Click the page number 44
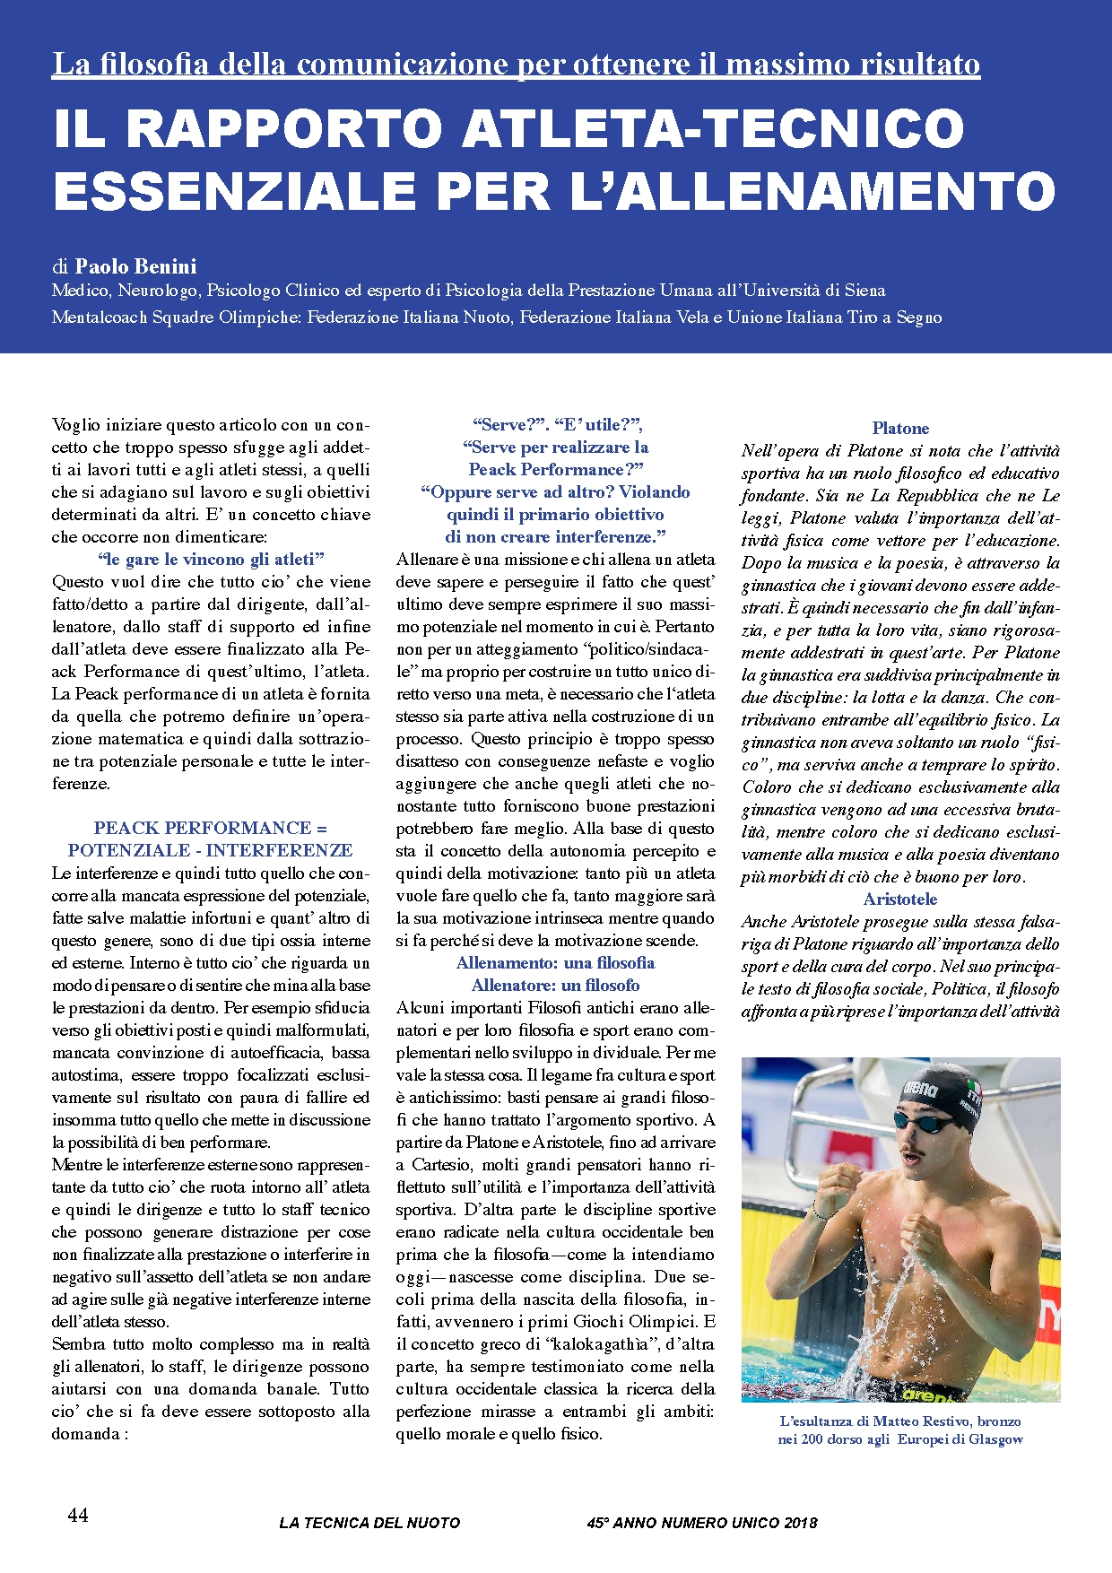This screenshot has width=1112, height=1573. [78, 1515]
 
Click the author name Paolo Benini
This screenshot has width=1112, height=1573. [135, 266]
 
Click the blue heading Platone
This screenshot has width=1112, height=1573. [900, 429]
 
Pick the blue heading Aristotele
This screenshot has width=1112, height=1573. [900, 899]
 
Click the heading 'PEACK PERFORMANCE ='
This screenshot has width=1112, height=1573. [211, 828]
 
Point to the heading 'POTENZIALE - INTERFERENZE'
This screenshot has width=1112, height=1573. [211, 850]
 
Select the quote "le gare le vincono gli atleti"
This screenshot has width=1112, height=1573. [211, 559]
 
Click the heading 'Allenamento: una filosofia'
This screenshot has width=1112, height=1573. [555, 963]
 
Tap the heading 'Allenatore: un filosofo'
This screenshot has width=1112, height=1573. [555, 986]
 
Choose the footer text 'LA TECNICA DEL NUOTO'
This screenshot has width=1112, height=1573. [369, 1523]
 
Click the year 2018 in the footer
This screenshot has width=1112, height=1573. [799, 1523]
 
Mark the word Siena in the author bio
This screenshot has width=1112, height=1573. [864, 291]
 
